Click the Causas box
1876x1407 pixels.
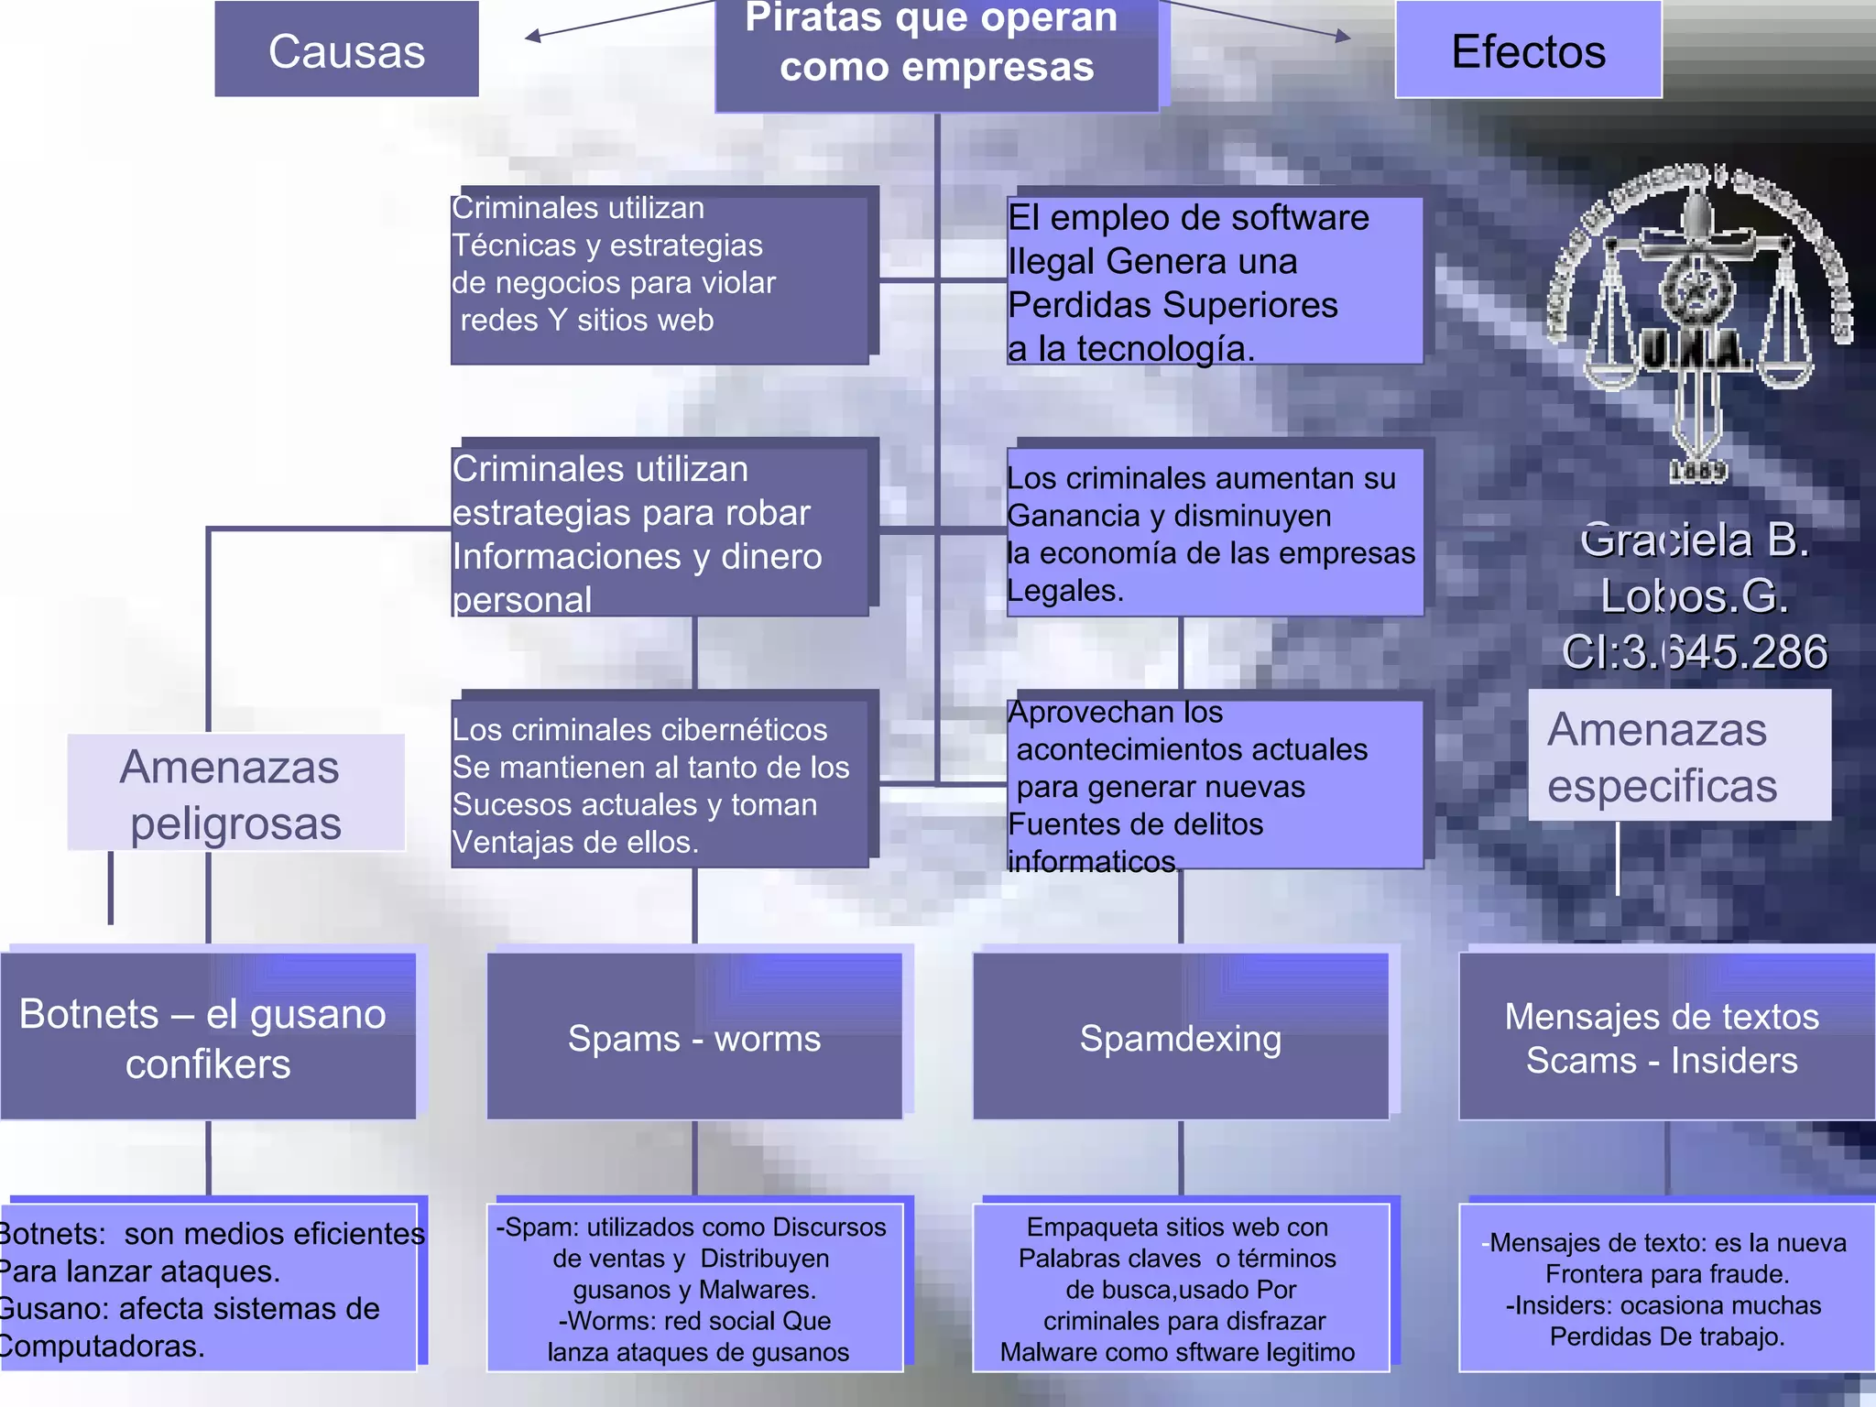point(346,50)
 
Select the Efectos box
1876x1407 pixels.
point(1528,50)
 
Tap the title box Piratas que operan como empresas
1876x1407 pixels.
point(936,50)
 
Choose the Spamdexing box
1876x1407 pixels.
point(1180,1038)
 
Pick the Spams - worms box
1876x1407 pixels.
point(694,1038)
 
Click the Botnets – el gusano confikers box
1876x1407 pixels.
point(208,1038)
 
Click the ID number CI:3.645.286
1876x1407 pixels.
point(1695,652)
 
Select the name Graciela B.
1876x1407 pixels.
point(1695,540)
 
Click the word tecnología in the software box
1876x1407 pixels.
point(1163,349)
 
